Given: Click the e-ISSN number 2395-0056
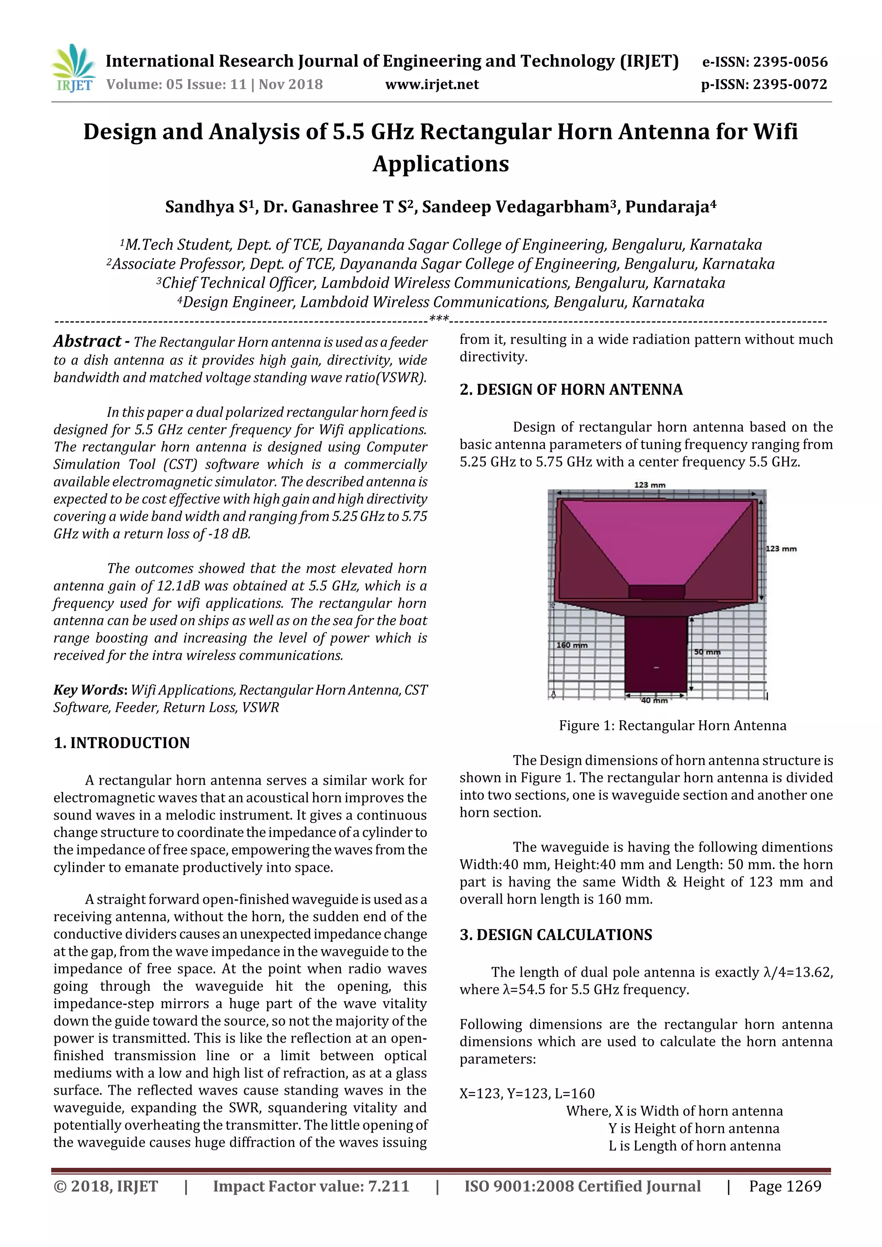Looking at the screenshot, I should [x=764, y=62].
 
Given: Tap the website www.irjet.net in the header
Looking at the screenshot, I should [x=432, y=85].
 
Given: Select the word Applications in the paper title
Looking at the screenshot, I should [x=440, y=164].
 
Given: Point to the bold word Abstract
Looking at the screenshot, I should [x=87, y=341].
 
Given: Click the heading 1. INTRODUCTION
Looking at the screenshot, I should [x=122, y=743].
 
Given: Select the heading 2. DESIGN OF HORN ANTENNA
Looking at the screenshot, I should [x=571, y=390].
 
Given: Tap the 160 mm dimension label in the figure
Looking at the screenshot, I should [x=571, y=645].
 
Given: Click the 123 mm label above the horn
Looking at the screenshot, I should [x=649, y=485].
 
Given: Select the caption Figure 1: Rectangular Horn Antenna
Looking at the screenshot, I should [x=672, y=726].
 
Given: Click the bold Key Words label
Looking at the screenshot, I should [x=89, y=690].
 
